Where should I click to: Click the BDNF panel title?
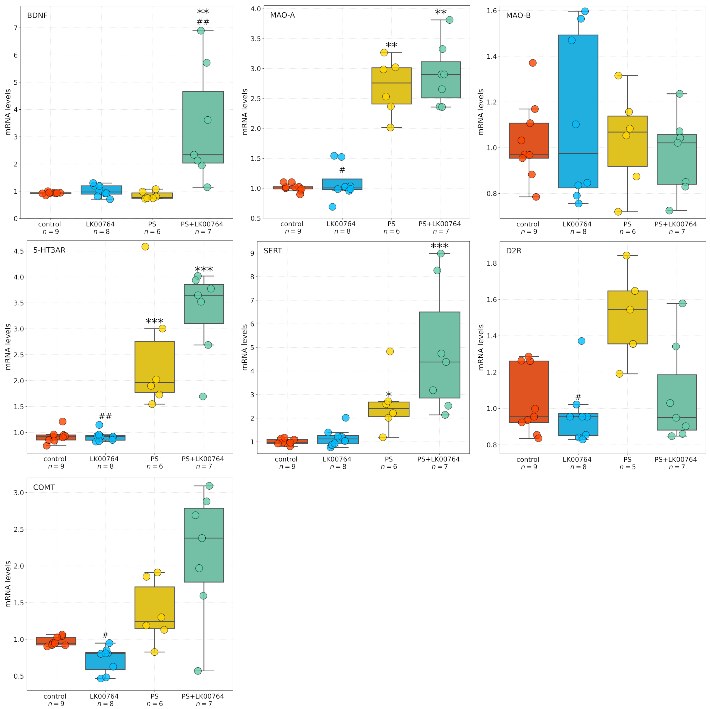(37, 16)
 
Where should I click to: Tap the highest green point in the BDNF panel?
(201, 31)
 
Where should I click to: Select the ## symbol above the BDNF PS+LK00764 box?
(203, 22)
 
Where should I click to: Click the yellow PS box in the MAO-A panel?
(391, 86)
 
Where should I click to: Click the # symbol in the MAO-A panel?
(342, 170)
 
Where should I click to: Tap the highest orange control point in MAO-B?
(532, 63)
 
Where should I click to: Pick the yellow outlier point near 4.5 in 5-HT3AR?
(145, 247)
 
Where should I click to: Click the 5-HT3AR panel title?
(49, 250)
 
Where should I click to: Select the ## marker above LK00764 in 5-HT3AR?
(105, 417)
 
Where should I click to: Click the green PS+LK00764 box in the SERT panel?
(439, 355)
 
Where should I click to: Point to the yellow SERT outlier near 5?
(390, 351)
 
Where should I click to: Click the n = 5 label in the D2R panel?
(627, 467)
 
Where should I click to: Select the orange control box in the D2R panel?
(529, 391)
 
